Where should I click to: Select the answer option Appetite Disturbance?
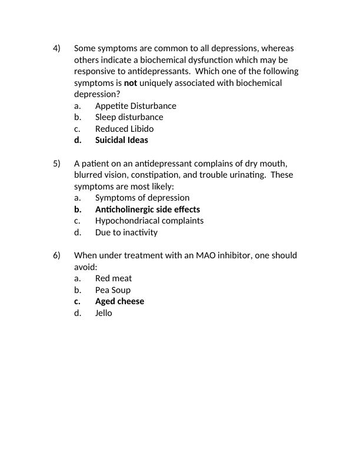[135, 106]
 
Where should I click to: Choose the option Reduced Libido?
[124, 129]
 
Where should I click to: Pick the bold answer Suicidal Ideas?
[121, 140]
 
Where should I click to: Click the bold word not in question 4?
[130, 83]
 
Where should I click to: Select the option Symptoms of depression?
[142, 198]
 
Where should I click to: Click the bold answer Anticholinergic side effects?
[147, 209]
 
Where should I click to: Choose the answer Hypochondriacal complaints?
[149, 221]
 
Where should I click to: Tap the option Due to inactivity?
[126, 232]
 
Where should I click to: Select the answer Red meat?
[113, 278]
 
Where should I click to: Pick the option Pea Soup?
[112, 290]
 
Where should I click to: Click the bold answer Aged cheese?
[119, 301]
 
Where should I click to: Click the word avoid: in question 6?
[85, 267]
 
